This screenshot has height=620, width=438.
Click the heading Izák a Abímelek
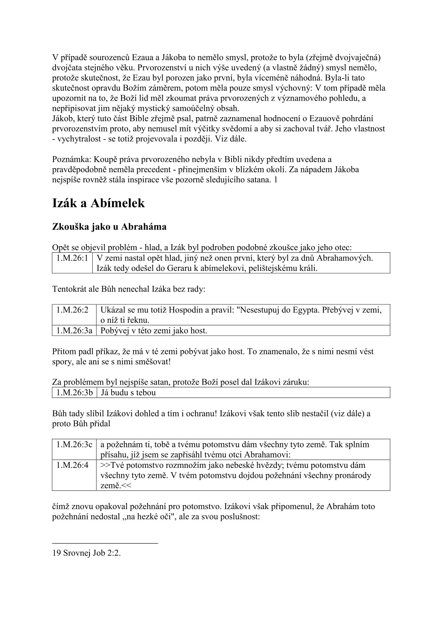point(98,203)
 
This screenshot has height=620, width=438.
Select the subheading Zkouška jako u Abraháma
point(109,227)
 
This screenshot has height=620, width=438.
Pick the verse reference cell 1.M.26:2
point(73,310)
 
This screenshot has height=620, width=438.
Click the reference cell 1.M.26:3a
point(74,330)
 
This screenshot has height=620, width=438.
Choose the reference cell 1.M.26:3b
point(74,392)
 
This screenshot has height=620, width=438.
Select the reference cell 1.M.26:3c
point(74,444)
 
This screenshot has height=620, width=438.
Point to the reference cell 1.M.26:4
point(73,465)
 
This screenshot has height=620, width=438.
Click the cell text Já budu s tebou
point(128,392)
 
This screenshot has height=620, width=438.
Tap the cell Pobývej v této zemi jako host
point(154,330)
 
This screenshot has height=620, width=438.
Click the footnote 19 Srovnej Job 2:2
point(87,553)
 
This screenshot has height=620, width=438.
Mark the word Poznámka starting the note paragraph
point(71,159)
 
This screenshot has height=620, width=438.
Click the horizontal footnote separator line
point(105,543)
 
